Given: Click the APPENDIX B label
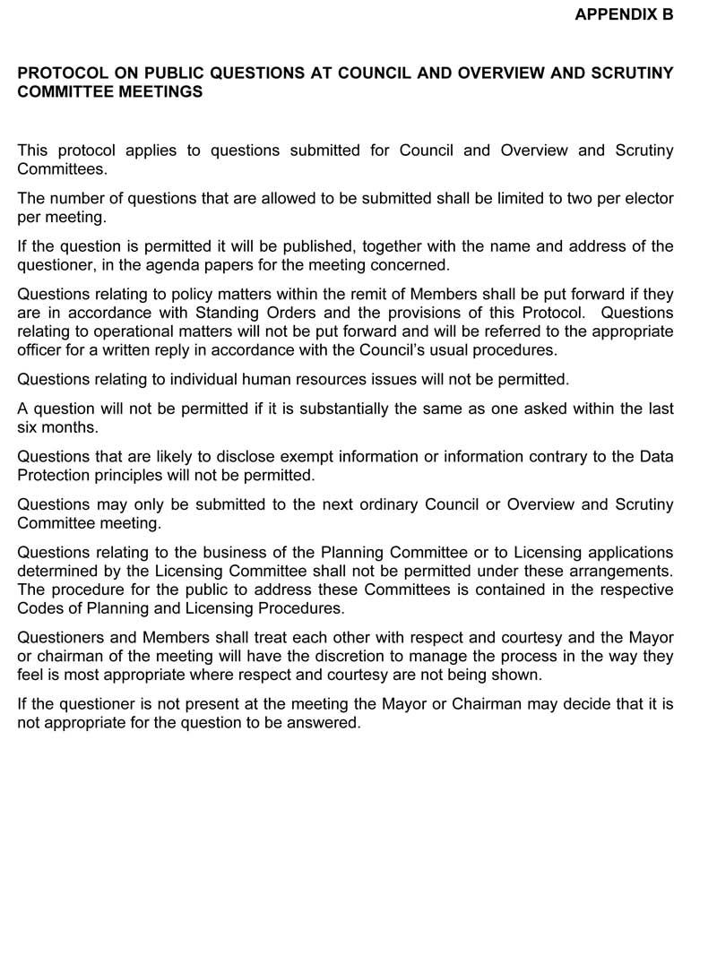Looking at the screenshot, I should pos(623,14).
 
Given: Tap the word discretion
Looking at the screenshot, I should pos(347,656).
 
